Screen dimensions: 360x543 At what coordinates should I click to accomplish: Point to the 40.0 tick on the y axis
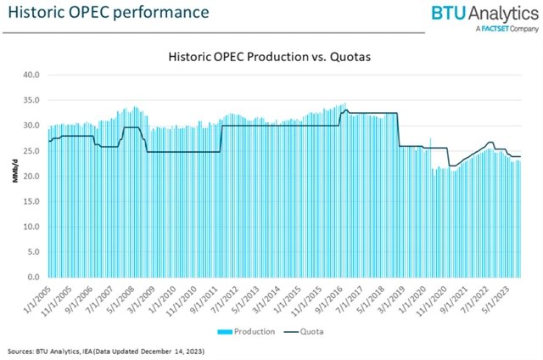[32, 75]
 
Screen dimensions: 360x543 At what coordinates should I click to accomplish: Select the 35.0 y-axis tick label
[32, 100]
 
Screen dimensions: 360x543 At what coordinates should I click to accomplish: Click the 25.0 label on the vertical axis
[32, 151]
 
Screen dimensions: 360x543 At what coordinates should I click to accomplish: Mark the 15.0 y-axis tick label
[32, 201]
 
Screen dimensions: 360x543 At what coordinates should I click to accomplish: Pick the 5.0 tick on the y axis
[35, 252]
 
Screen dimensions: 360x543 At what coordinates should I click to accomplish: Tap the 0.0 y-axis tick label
[35, 278]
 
